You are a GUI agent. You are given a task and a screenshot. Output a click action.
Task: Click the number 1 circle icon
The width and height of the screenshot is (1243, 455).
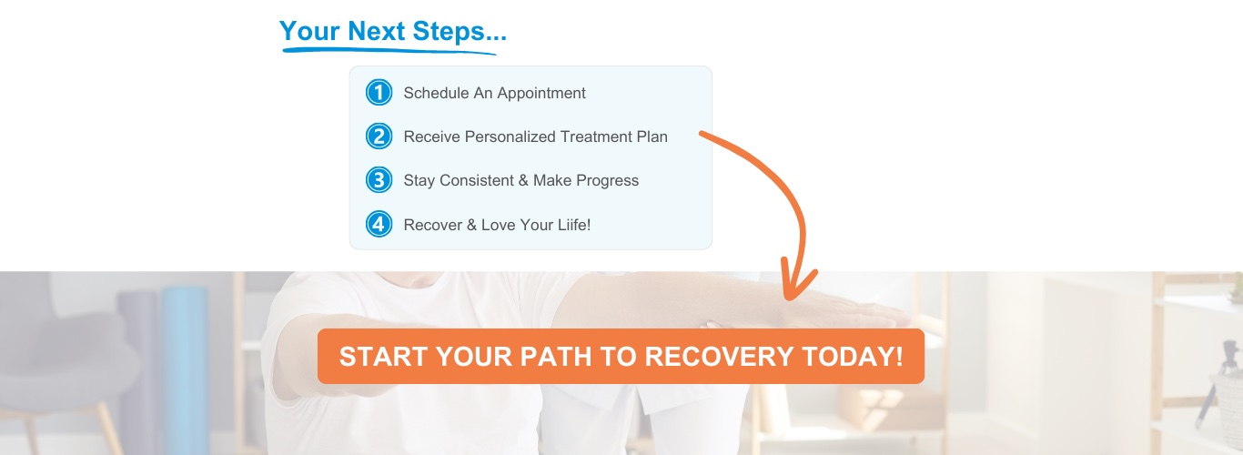379,93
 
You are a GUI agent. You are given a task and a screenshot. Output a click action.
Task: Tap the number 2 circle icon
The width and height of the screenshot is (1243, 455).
379,136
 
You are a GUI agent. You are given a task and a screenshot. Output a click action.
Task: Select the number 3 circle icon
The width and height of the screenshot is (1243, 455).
379,180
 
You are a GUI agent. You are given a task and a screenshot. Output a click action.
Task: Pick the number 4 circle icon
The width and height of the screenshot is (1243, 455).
379,224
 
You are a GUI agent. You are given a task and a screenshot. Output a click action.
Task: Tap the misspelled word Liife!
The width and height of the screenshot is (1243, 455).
574,224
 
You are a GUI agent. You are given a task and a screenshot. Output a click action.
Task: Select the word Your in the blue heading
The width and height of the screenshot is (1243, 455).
309,31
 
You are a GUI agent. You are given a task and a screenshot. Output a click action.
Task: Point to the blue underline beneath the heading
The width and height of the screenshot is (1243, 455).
389,50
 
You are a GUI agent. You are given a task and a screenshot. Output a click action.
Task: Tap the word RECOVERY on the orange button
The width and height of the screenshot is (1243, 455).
719,356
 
